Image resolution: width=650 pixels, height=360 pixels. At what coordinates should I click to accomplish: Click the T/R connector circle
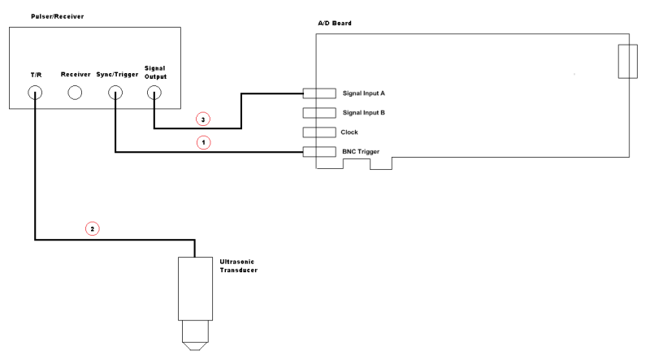pos(36,93)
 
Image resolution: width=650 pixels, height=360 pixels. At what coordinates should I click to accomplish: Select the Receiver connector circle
pos(75,93)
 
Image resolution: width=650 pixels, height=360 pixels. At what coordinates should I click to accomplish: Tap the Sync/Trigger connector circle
pos(115,93)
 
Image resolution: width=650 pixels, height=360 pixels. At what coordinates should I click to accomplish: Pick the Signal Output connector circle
pos(154,93)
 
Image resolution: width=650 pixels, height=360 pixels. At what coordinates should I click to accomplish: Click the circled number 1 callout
pos(204,142)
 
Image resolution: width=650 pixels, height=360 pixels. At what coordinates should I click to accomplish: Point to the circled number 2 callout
pos(92,229)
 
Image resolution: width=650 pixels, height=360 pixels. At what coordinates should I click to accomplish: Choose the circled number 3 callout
pos(204,119)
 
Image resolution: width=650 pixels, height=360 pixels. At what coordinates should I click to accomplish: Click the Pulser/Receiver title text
pos(34,15)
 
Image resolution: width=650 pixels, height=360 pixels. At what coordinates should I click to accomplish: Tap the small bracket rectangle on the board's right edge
pos(627,63)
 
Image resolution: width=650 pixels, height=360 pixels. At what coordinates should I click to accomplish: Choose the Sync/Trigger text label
pos(115,75)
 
